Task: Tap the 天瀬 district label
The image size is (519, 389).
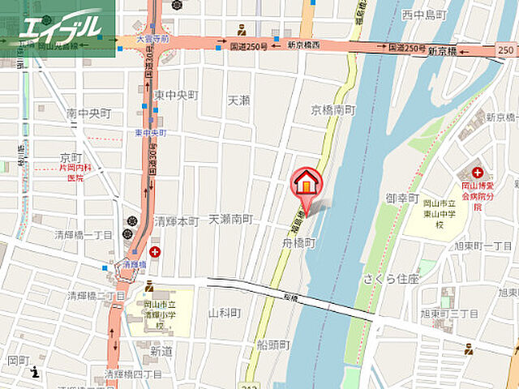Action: coord(238,100)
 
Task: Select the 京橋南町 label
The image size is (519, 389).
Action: coord(333,109)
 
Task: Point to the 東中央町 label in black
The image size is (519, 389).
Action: coord(177,95)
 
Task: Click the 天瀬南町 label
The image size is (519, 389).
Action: coord(231,220)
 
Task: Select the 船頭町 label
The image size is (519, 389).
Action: coord(274,344)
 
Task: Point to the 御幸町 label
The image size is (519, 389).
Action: coord(401,198)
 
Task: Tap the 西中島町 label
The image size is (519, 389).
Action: coord(424,14)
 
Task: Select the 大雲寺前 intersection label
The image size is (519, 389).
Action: coord(153,38)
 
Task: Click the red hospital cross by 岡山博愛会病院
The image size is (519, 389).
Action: coord(477,173)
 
